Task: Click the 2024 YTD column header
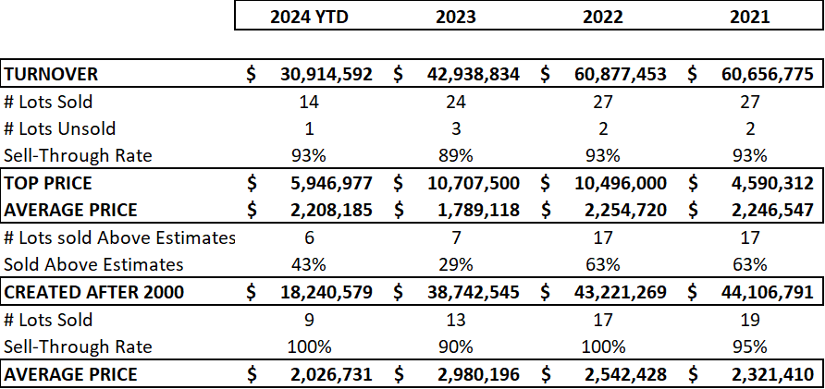point(309,17)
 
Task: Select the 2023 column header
point(456,17)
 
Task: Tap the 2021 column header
point(750,17)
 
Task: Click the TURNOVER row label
point(51,74)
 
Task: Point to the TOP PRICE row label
point(48,183)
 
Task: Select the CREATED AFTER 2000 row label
point(94,292)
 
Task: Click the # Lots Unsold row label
point(59,128)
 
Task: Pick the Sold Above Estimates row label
point(93,264)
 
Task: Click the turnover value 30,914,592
point(326,74)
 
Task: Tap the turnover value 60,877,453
point(621,74)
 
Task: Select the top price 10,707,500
point(473,183)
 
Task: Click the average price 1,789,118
point(478,211)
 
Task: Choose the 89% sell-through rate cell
point(456,155)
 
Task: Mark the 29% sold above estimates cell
point(456,264)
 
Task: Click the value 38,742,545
point(473,292)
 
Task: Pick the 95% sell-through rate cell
point(750,346)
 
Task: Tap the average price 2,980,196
point(478,374)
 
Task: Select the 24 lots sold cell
point(456,102)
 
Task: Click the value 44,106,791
point(767,292)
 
